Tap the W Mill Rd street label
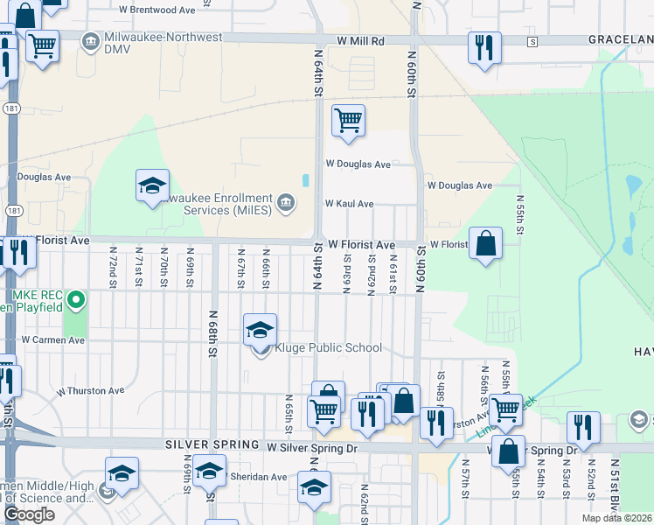[x=360, y=41]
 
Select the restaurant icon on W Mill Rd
[x=484, y=47]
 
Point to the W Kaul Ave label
[x=349, y=204]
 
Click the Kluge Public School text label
[x=328, y=347]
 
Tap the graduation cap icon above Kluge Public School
[x=260, y=331]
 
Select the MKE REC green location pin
[x=76, y=301]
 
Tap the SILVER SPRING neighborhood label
[x=213, y=446]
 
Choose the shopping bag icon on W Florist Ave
[x=485, y=243]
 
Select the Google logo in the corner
[x=29, y=514]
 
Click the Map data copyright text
[x=616, y=518]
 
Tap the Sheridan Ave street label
[x=258, y=477]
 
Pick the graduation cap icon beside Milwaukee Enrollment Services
[x=152, y=186]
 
